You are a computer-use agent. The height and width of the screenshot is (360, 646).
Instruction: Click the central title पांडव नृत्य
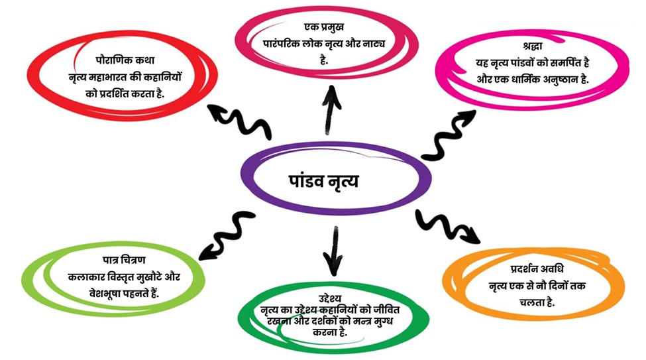pos(324,180)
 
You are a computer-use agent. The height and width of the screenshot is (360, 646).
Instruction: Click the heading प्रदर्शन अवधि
pos(533,269)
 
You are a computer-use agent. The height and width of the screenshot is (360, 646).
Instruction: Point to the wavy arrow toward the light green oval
pos(226,235)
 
